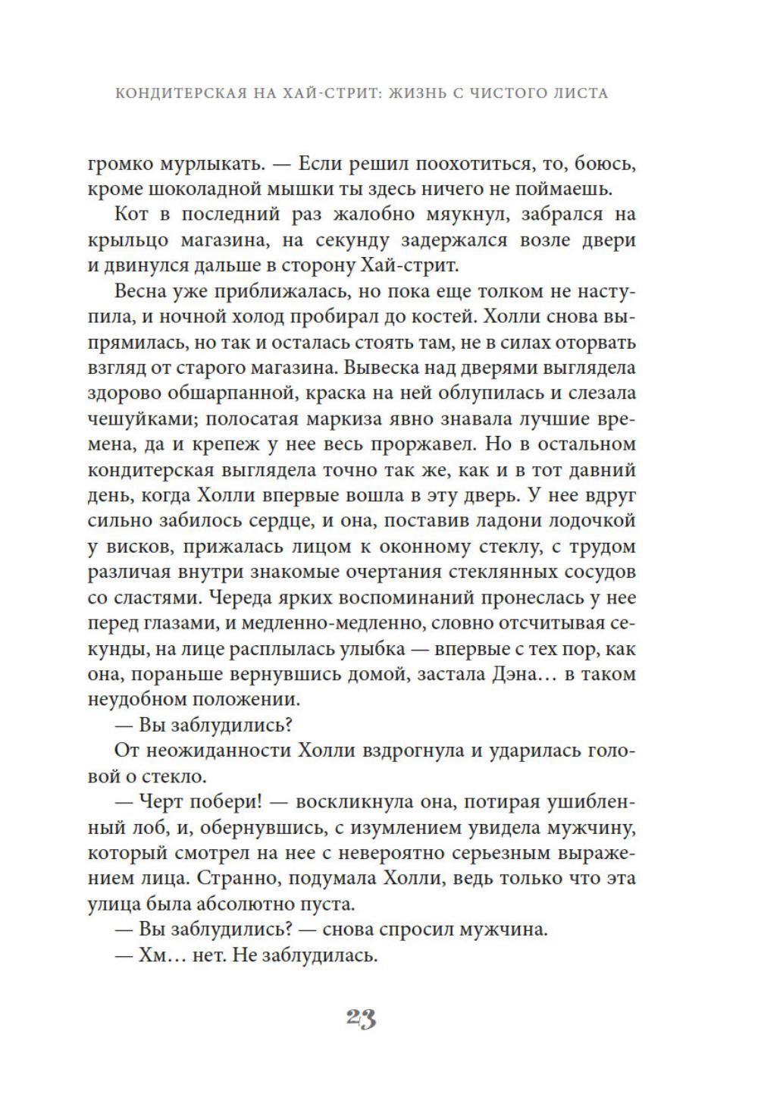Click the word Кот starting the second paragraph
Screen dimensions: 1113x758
(x=130, y=215)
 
